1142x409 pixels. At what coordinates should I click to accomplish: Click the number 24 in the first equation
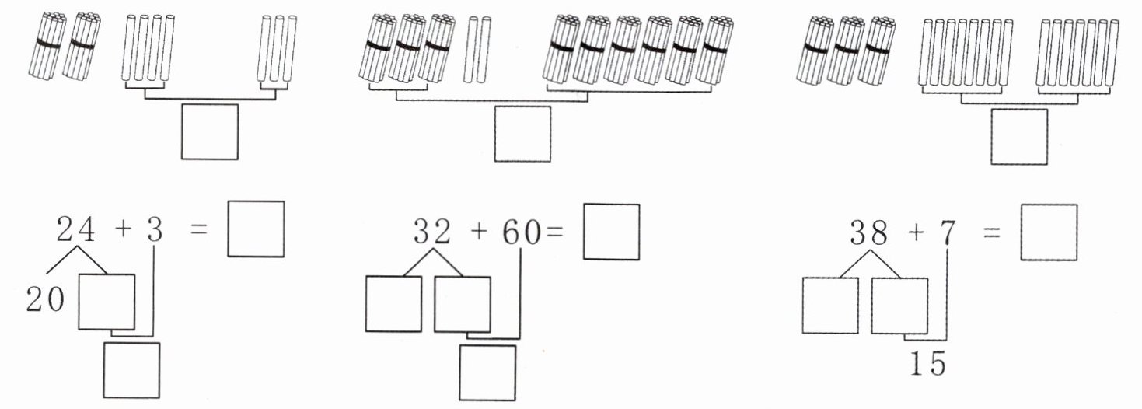(75, 230)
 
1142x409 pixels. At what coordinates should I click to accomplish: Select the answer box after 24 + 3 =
(256, 229)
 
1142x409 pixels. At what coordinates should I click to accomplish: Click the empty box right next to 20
(107, 302)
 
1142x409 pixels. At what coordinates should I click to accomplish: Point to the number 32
(432, 232)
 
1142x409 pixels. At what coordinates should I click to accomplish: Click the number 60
(519, 232)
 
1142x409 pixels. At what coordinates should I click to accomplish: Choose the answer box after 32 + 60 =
(611, 232)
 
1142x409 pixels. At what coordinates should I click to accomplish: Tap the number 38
(869, 232)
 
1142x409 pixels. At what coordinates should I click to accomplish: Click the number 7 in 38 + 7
(946, 232)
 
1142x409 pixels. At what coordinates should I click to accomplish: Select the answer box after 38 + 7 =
(1049, 232)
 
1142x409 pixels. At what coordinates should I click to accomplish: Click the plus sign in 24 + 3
(120, 231)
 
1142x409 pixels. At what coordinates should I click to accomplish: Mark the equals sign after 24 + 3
(199, 231)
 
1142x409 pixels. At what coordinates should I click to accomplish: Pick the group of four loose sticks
(148, 47)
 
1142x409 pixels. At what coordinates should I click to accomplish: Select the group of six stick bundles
(637, 50)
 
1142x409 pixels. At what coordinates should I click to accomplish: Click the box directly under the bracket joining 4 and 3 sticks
(210, 131)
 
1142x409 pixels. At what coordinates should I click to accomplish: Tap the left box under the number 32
(393, 304)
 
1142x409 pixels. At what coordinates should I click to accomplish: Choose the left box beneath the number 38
(829, 306)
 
